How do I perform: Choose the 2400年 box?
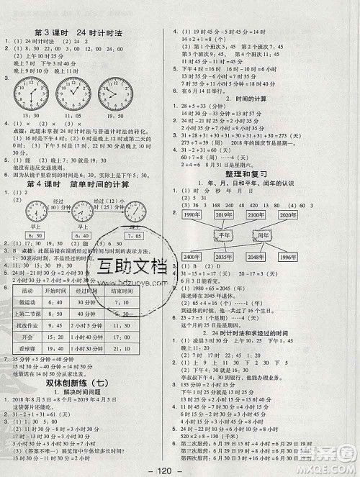point(192,258)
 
